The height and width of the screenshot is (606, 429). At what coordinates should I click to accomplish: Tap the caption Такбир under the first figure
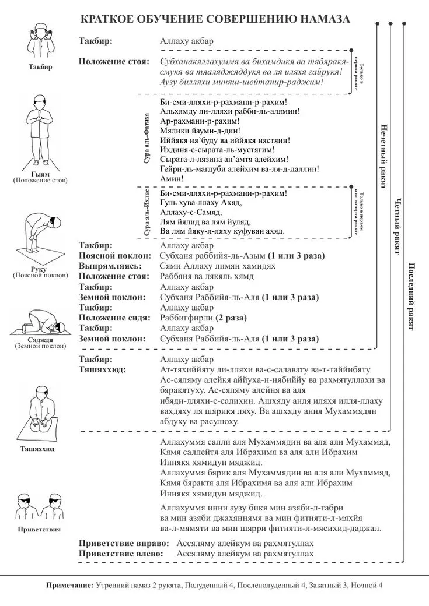(40, 66)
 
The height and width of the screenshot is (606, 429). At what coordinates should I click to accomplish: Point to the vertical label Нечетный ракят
(383, 157)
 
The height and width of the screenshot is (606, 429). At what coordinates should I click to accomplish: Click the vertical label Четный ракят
(397, 226)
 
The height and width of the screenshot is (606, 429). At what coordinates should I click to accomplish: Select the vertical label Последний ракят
(411, 297)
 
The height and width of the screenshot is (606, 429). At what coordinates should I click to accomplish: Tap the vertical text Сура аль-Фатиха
(147, 138)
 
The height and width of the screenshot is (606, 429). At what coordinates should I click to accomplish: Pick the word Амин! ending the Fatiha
(172, 178)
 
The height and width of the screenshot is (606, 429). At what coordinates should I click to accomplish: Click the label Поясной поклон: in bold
(115, 256)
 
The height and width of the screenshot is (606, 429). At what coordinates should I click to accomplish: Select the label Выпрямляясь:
(110, 266)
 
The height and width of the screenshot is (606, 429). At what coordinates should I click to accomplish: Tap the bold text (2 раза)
(231, 318)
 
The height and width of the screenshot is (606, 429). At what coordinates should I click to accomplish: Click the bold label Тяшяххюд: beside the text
(102, 370)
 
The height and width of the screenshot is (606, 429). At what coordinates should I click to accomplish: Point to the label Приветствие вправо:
(124, 544)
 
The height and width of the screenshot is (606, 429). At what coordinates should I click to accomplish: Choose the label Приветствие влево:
(121, 554)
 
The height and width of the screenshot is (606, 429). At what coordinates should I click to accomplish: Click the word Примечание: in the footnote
(69, 585)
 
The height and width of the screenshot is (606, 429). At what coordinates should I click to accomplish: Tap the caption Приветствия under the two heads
(39, 530)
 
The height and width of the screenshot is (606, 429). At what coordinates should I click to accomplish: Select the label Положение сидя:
(114, 318)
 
